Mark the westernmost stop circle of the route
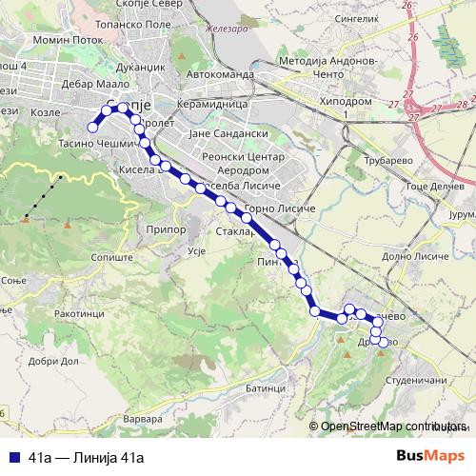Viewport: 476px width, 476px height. (x=93, y=127)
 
